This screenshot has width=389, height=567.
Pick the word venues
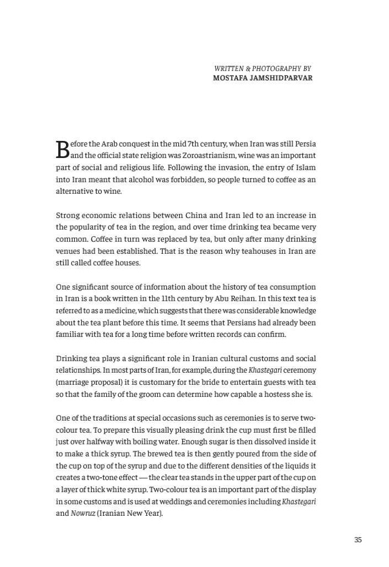(68, 251)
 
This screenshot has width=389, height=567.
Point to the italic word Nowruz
(83, 514)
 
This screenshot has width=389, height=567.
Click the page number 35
(358, 540)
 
